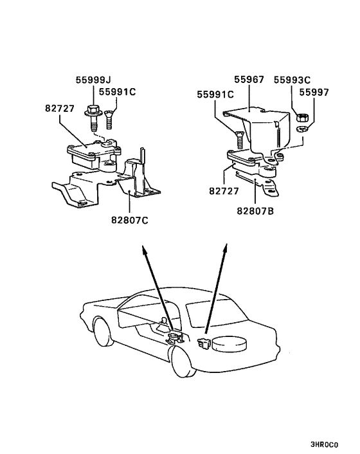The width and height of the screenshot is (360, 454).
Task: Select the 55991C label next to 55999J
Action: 118,91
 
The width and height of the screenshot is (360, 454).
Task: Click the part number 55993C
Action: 292,80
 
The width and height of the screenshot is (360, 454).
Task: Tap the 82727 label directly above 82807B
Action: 224,191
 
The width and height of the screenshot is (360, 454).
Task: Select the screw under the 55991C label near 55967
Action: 239,138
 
